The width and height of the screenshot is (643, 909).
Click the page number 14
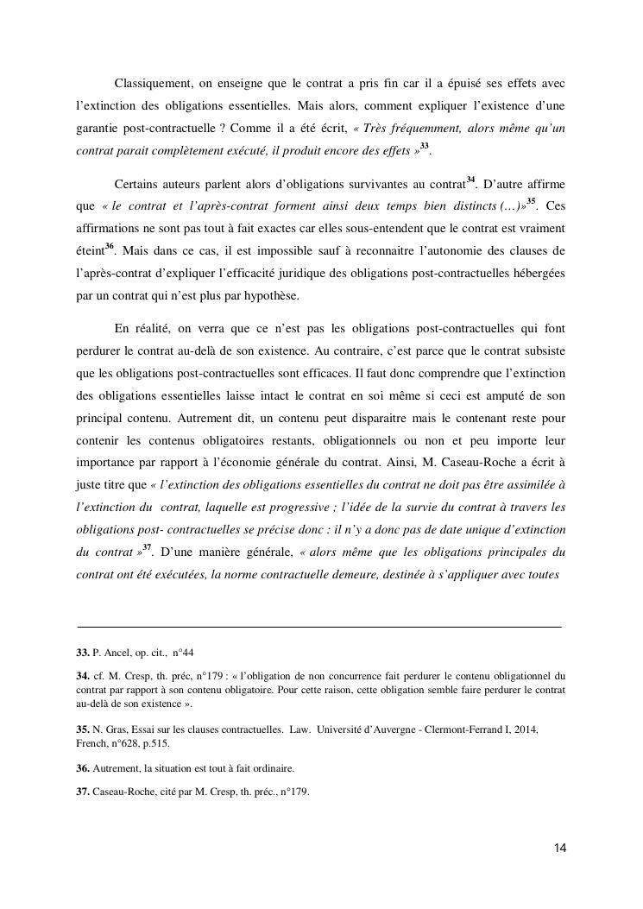click(560, 848)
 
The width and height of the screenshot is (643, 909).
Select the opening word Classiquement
click(153, 83)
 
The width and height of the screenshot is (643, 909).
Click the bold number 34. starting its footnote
click(84, 676)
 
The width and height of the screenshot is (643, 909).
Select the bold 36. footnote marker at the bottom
click(84, 767)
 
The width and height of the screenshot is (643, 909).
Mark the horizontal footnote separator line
click(319, 626)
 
